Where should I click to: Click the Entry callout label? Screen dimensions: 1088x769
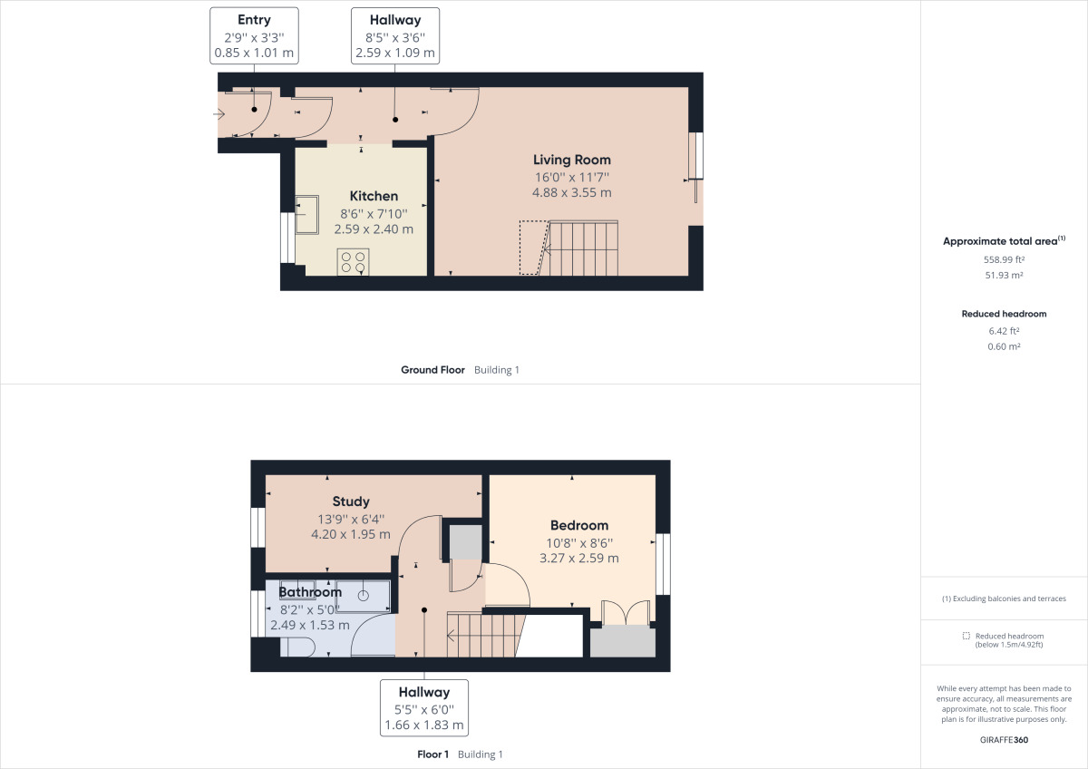tap(254, 36)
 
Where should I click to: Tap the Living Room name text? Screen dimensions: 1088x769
tap(572, 160)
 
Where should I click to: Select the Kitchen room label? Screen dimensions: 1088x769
tap(374, 196)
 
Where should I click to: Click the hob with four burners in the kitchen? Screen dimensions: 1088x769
tap(353, 262)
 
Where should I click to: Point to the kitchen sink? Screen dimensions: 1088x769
tap(307, 214)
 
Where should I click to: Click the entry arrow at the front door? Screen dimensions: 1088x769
tap(219, 114)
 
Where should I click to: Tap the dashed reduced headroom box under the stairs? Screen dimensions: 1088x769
tap(534, 248)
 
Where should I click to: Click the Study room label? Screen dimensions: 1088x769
tap(351, 501)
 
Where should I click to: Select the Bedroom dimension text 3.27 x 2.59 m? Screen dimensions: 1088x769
tap(579, 559)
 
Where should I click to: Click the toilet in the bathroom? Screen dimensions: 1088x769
tap(297, 647)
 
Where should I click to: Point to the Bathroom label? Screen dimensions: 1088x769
tap(310, 592)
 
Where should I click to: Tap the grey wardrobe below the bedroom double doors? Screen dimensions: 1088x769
tap(623, 641)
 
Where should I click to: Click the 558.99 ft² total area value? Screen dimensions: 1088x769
tap(1004, 259)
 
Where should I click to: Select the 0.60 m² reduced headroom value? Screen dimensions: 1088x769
tap(1004, 346)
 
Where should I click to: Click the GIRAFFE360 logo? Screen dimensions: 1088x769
tap(1004, 740)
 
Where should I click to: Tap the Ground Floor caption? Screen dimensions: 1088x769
tap(432, 370)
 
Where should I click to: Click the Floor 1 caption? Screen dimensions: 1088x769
tap(432, 754)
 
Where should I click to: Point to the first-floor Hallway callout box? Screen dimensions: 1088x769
tap(424, 708)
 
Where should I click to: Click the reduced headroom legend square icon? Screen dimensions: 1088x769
tap(967, 636)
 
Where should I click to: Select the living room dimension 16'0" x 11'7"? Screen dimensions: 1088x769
tap(572, 178)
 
